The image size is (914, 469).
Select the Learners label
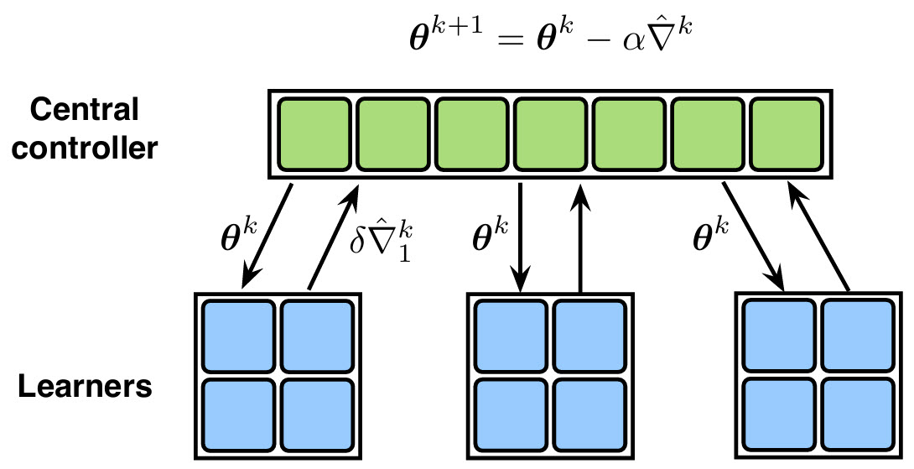(x=86, y=388)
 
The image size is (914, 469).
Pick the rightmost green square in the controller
(x=785, y=133)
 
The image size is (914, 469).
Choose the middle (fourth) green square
(x=548, y=133)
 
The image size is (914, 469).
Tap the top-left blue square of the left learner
(x=239, y=336)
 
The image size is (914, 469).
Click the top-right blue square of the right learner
(x=857, y=335)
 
